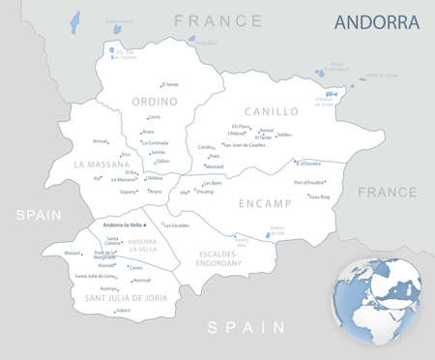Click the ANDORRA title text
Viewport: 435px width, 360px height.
coord(377,21)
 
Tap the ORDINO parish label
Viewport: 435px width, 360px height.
coord(155,101)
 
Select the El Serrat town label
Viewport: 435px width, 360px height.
coord(170,84)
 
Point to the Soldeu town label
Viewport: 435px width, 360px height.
coord(284,135)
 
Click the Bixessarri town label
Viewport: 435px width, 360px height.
coord(72,254)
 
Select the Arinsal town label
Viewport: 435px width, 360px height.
coord(100,141)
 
